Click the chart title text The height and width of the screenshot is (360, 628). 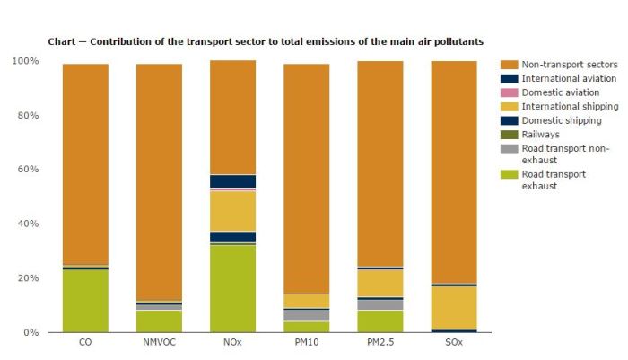pyautogui.click(x=266, y=41)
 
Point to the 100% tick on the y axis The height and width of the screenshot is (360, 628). pyautogui.click(x=25, y=61)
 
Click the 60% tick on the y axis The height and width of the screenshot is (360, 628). pyautogui.click(x=27, y=170)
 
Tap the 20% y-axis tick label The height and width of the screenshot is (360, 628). pyautogui.click(x=27, y=278)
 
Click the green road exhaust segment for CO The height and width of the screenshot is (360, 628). pyautogui.click(x=85, y=301)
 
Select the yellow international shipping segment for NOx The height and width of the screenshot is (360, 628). pyautogui.click(x=232, y=211)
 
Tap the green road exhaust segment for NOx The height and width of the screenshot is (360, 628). pyautogui.click(x=232, y=288)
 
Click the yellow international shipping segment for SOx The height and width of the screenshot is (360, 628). pyautogui.click(x=454, y=308)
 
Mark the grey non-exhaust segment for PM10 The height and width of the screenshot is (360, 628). pyautogui.click(x=307, y=315)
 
